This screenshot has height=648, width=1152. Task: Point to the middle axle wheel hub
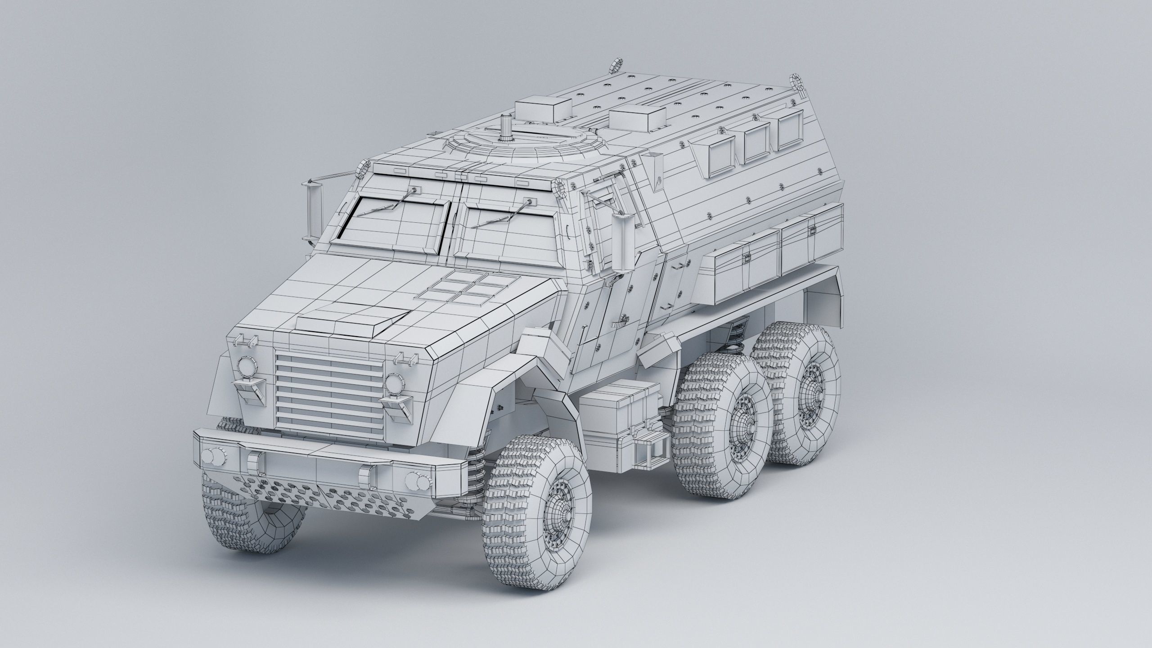742,432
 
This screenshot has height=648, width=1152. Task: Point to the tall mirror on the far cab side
314,211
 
